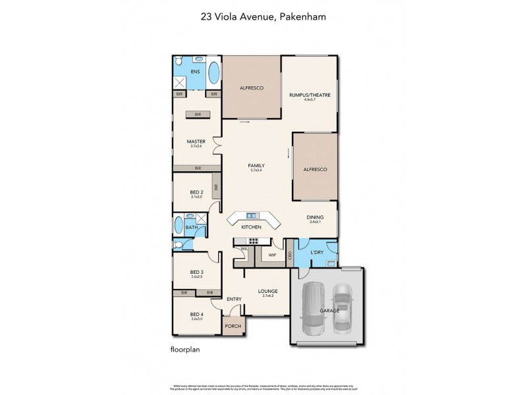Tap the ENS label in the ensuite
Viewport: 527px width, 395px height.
[195, 71]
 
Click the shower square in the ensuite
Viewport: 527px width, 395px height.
[180, 83]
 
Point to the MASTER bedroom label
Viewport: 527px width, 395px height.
[196, 141]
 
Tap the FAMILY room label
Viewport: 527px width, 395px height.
[256, 165]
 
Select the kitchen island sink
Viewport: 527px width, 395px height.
[252, 215]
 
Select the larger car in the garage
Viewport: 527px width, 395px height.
[314, 307]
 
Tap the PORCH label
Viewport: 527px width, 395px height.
[232, 326]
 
